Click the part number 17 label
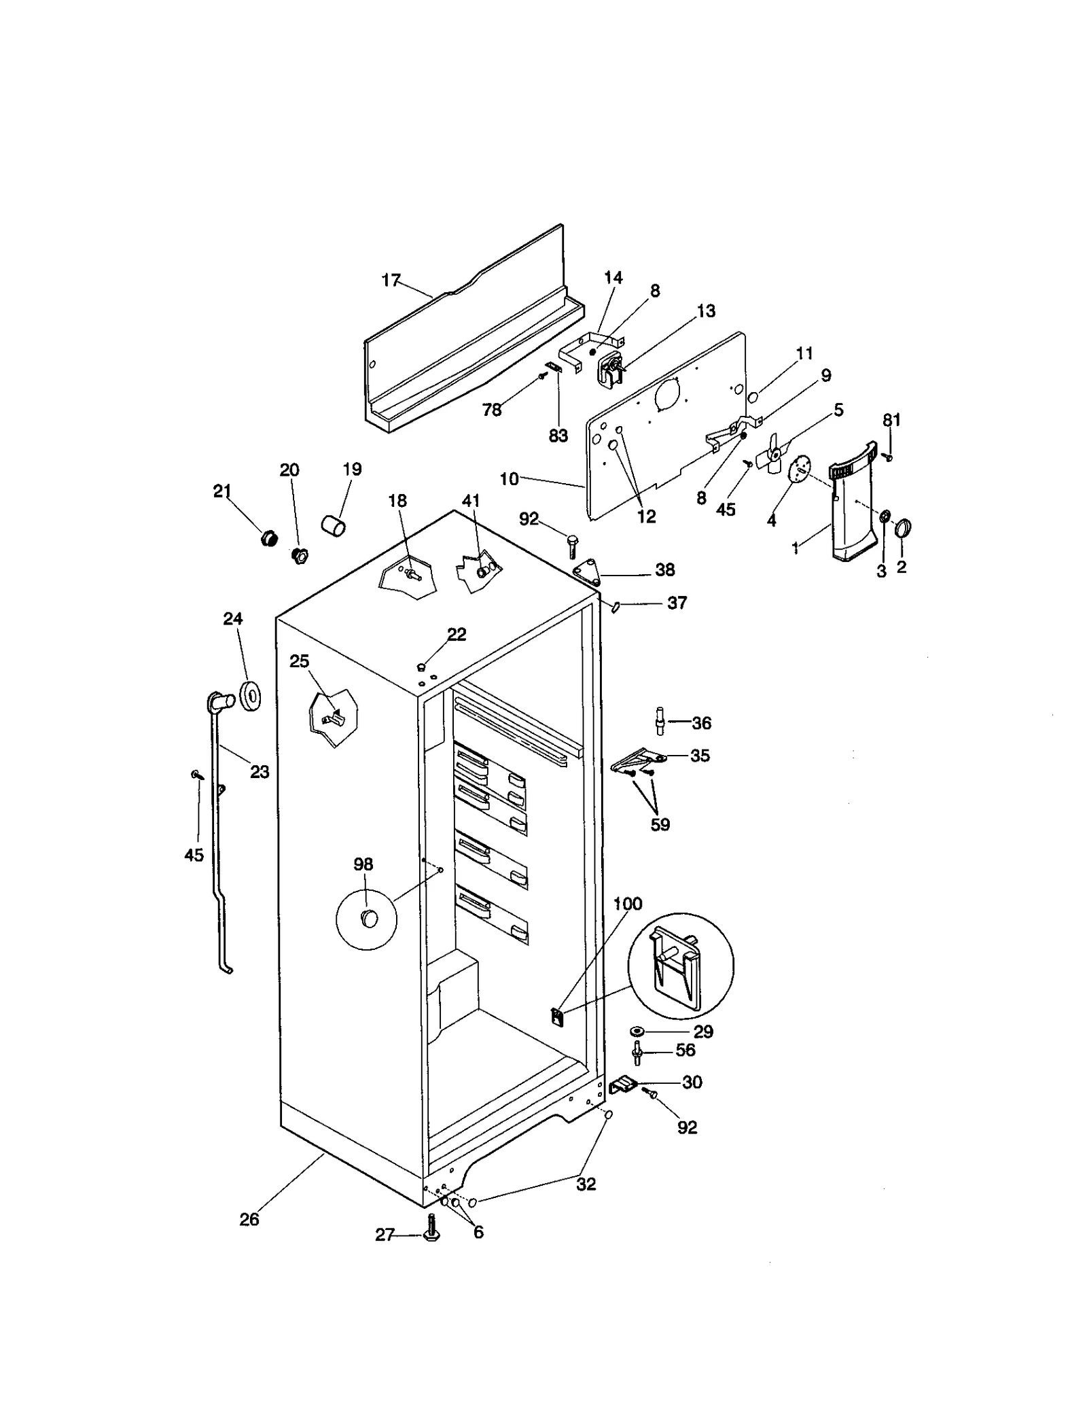coord(391,281)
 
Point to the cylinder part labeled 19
coord(333,525)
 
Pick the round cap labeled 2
coord(903,528)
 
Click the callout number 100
coord(627,904)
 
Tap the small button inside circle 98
coord(369,919)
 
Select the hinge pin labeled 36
coord(659,721)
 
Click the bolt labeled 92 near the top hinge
coord(571,544)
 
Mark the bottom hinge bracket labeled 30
coord(624,1085)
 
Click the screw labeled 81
coord(887,458)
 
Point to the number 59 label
coord(660,824)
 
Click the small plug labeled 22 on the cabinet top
coord(421,667)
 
